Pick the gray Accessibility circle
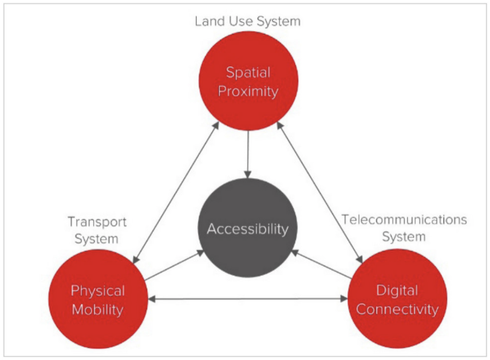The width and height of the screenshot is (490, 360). coord(247,228)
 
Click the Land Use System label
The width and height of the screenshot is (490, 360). coord(247,21)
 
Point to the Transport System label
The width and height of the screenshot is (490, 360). coord(97,230)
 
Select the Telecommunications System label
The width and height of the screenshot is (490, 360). coord(404,228)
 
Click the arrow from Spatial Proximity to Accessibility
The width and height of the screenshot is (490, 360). coord(248,155)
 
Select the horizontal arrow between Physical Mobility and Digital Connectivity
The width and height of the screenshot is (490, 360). coord(247,299)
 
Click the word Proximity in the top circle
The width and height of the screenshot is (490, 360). coord(248,91)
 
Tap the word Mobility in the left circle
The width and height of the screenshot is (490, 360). coord(98,309)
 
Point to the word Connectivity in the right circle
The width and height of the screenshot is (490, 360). coord(397,309)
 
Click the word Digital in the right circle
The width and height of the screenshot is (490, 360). coord(397,291)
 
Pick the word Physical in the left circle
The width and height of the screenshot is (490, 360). coord(98,291)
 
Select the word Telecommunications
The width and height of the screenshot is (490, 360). coord(404,219)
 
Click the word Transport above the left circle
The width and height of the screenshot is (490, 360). coord(97,222)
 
